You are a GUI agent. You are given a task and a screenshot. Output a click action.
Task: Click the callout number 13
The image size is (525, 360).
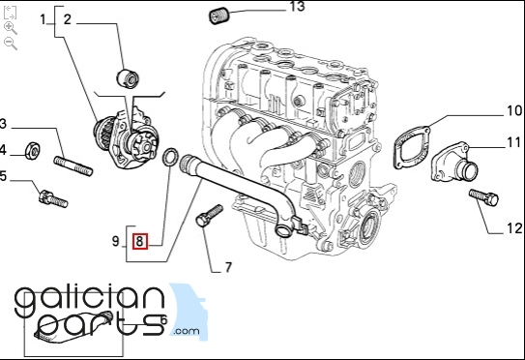[298, 6]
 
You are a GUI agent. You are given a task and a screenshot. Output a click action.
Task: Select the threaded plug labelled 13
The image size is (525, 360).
[219, 16]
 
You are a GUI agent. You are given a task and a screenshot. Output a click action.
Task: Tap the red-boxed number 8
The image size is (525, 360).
[139, 241]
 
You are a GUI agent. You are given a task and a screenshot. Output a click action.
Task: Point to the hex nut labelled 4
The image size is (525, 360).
[32, 151]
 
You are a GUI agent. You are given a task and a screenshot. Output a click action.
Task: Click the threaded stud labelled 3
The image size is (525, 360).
[73, 165]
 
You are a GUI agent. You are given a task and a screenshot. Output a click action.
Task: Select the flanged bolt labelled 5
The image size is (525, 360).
[53, 198]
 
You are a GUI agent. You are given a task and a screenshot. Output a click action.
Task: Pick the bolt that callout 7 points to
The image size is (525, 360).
[209, 215]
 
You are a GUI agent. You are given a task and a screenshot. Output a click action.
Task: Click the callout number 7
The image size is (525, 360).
[228, 267]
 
